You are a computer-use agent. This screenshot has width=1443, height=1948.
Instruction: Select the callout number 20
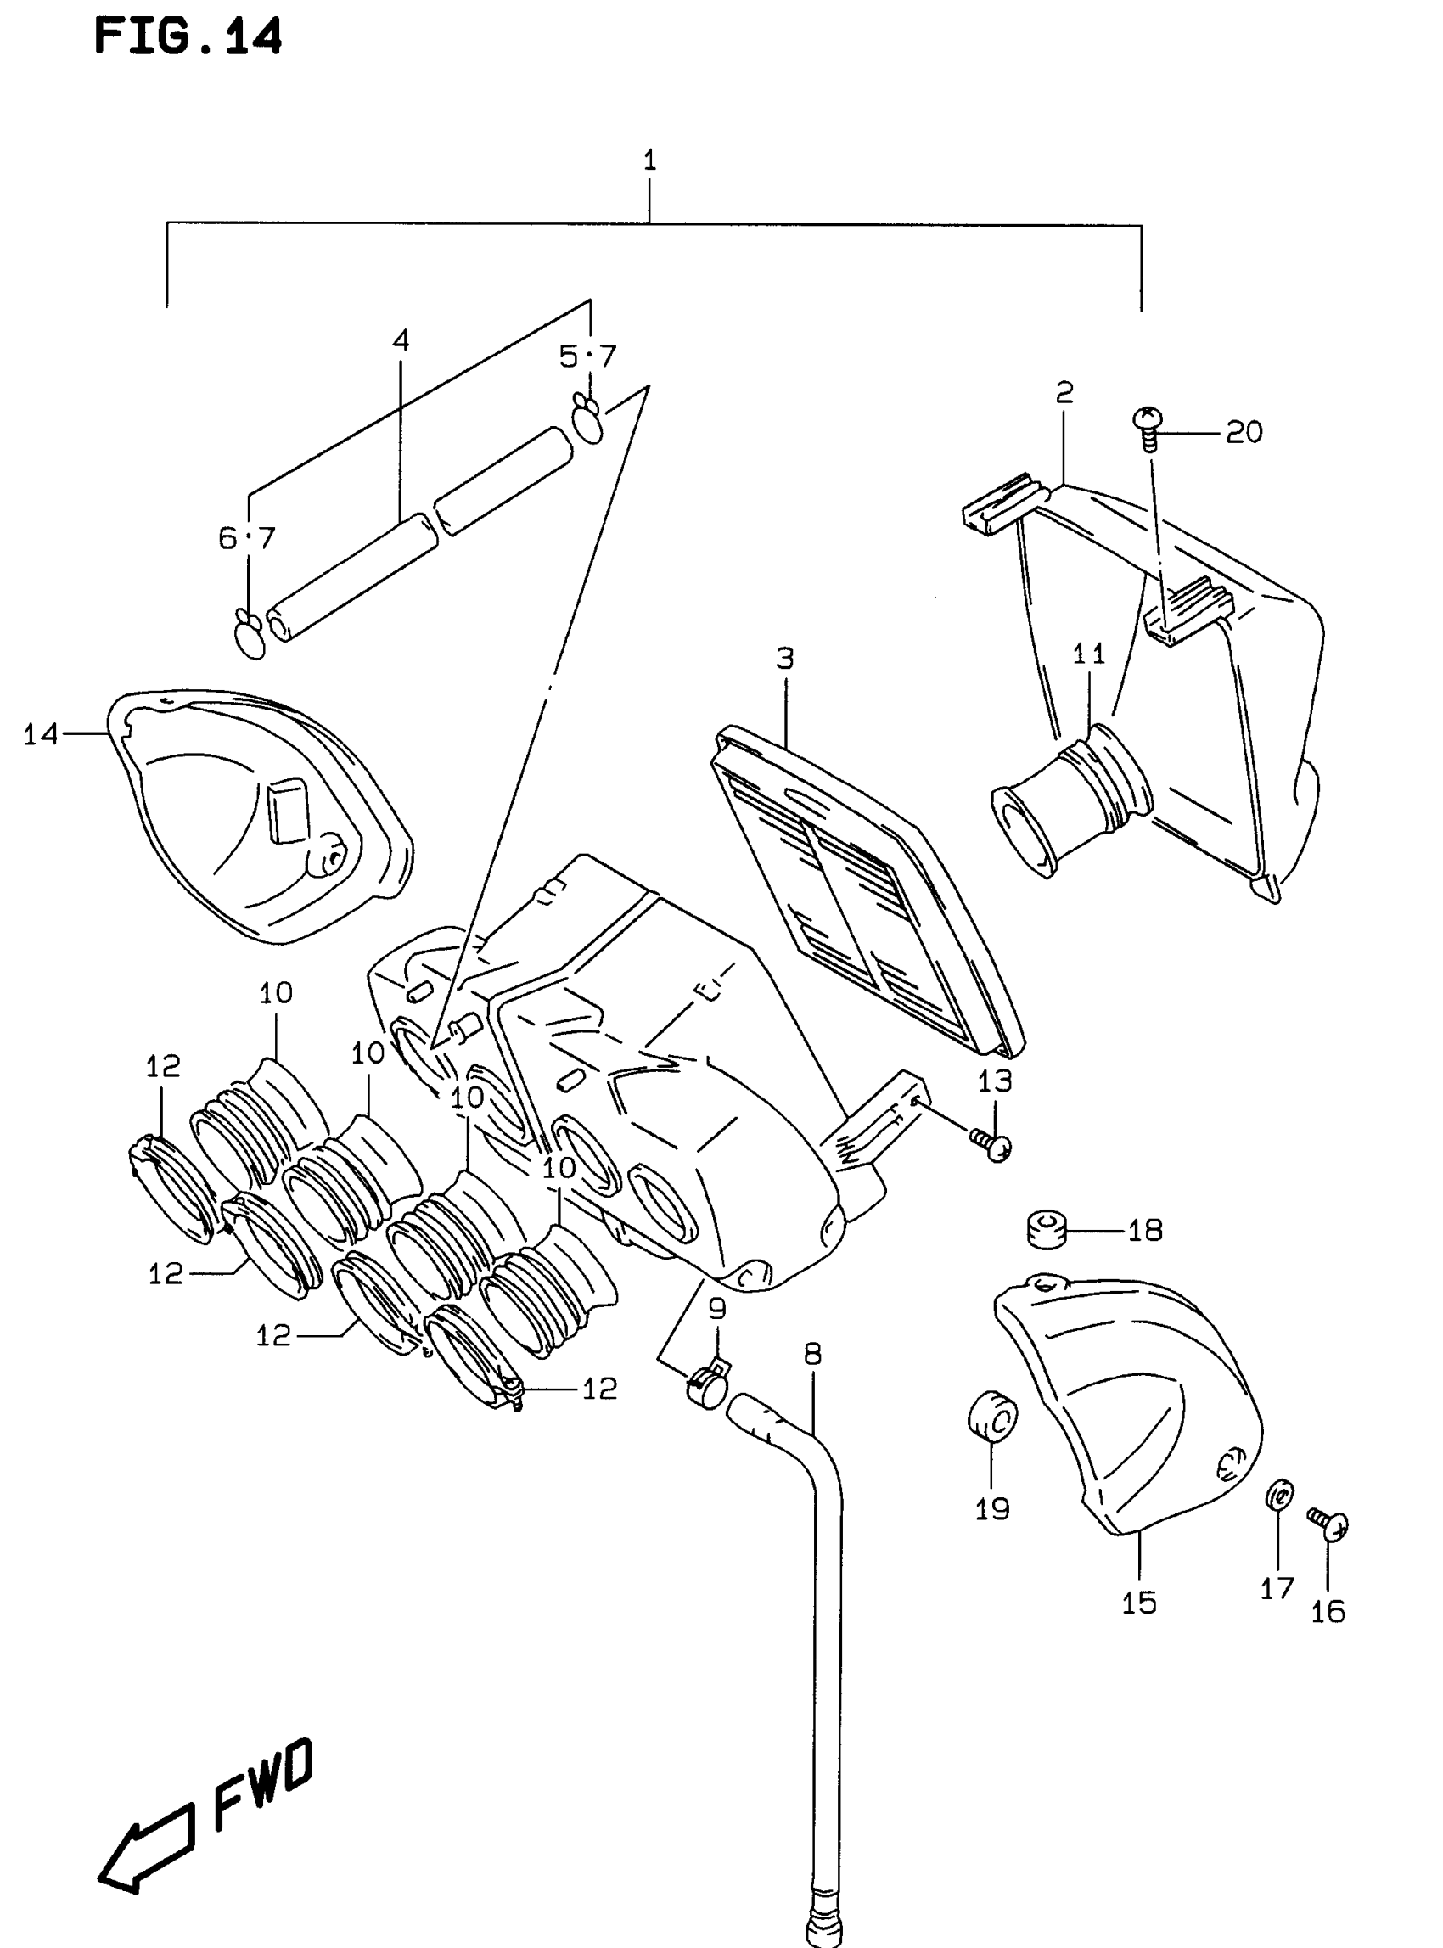[1244, 431]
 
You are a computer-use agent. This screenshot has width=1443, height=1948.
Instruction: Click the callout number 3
[784, 658]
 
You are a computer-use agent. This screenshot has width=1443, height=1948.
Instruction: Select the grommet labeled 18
[1046, 1231]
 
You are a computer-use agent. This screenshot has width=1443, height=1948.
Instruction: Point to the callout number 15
[1139, 1603]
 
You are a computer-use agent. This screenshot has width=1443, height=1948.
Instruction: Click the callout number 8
[812, 1354]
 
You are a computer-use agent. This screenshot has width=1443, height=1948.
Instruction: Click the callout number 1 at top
[649, 160]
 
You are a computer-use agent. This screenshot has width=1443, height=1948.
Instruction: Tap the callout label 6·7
[247, 537]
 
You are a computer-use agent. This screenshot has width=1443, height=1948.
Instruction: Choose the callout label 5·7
[588, 356]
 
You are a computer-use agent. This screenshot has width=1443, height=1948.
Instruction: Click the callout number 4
[400, 340]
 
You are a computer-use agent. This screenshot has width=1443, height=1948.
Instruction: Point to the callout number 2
[1064, 392]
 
